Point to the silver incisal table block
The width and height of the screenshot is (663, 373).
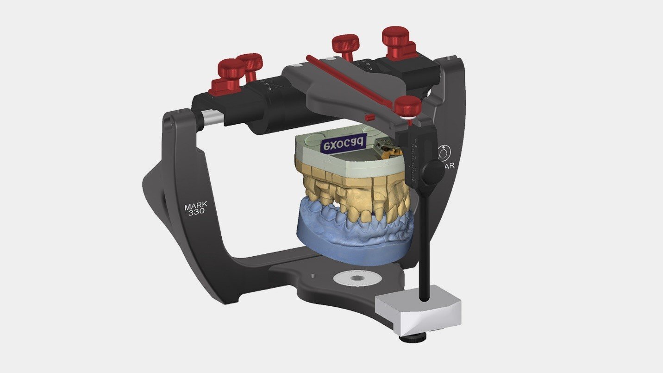(418, 312)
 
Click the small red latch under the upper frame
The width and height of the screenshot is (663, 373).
(369, 118)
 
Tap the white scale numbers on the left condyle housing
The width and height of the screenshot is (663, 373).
(267, 84)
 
